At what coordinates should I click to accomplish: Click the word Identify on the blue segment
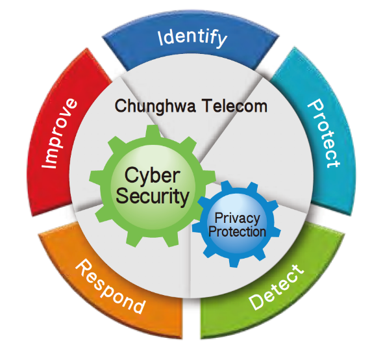tap(193, 38)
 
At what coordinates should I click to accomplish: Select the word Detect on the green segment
tap(277, 287)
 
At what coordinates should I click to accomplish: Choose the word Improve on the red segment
tap(59, 133)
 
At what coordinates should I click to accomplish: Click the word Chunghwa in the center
tap(155, 107)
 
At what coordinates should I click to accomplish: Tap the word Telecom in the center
tap(235, 106)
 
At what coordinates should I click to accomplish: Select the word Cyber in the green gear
tap(153, 175)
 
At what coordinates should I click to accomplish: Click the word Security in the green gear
tap(153, 197)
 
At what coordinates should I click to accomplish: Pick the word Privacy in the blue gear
tap(237, 218)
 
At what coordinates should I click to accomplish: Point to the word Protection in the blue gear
tap(237, 231)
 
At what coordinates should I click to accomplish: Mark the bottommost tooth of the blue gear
tap(234, 263)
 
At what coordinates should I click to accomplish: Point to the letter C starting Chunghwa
tap(121, 106)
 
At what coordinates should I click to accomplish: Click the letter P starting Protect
tap(315, 105)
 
